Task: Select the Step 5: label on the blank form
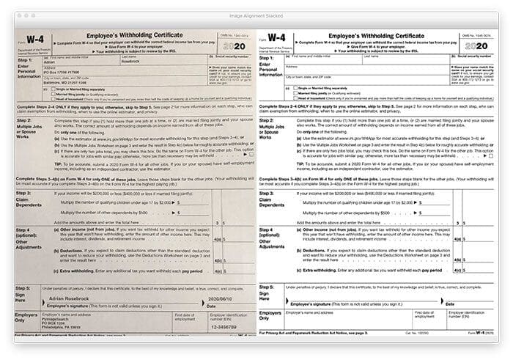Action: (x=269, y=286)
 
